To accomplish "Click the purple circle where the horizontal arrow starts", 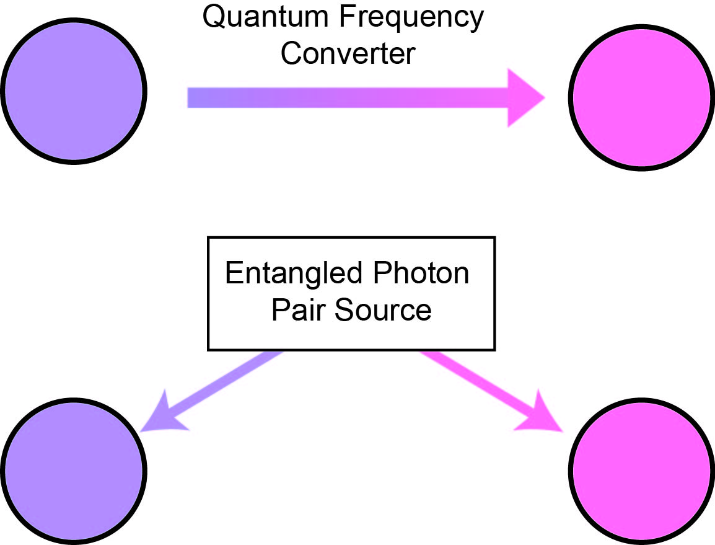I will click(x=73, y=91).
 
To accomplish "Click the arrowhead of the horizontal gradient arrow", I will click(x=524, y=98).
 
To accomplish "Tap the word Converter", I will click(x=348, y=53).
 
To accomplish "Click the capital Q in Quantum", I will click(x=215, y=19).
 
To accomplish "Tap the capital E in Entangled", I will click(x=233, y=273).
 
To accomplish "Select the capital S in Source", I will click(x=343, y=309).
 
